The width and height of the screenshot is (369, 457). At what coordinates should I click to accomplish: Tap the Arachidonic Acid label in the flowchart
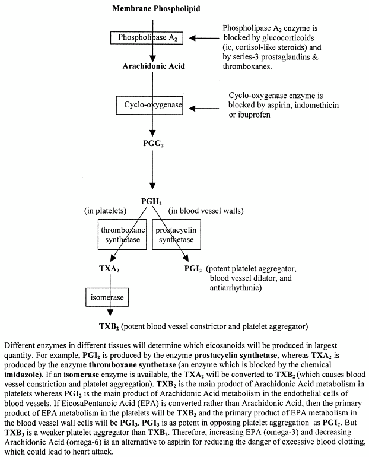pos(154,66)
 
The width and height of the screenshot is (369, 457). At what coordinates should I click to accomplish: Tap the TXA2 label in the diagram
pos(109,268)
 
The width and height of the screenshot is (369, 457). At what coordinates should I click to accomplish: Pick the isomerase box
pos(105,295)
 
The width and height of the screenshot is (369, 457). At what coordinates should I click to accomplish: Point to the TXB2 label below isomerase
pos(110,326)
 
